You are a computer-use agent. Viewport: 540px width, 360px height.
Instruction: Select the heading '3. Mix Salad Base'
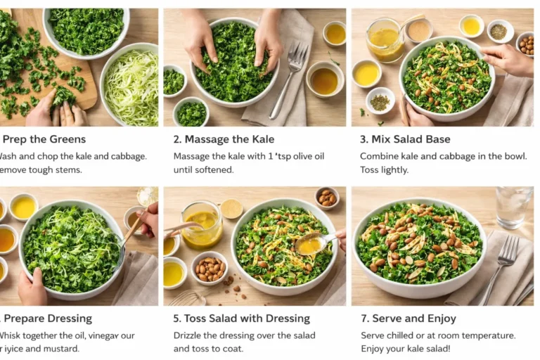[x=405, y=139]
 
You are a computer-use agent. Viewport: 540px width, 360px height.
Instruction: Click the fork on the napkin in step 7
[x=506, y=259]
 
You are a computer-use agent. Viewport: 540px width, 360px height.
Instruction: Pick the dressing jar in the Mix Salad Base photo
[x=385, y=39]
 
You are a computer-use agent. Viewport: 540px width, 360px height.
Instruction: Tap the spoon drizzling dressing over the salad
[x=314, y=244]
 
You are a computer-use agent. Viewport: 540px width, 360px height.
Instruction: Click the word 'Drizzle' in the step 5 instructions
[x=191, y=335]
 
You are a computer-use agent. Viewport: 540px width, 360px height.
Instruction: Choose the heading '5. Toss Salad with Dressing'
[x=242, y=319]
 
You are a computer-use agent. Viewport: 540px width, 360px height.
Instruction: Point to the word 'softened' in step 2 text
[x=214, y=169]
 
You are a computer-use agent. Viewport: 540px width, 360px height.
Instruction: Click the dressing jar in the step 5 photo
[x=201, y=224]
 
